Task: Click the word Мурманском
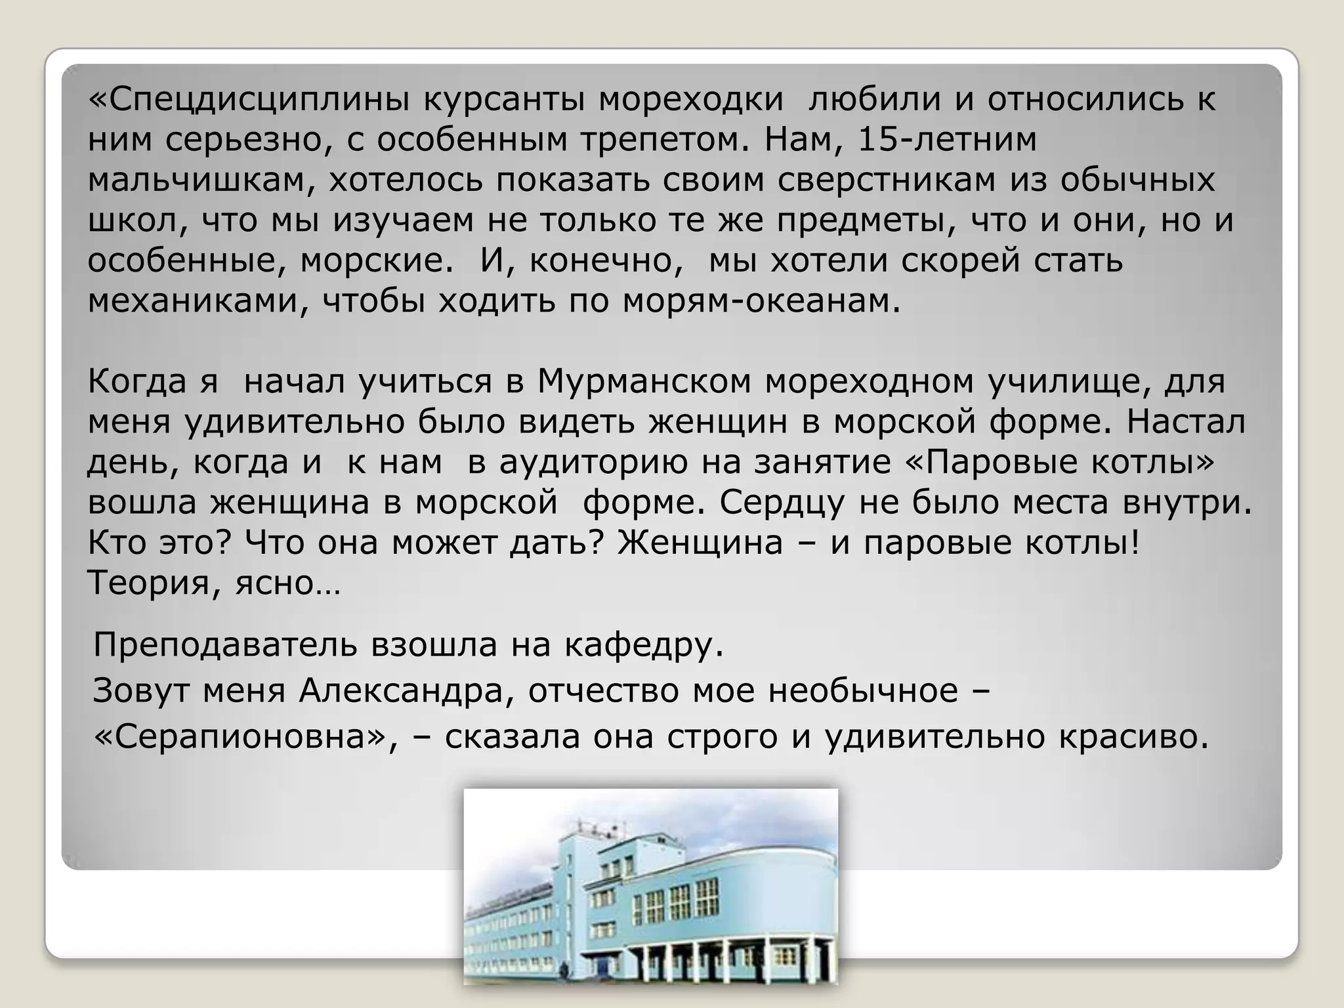pos(644,382)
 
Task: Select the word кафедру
pos(644,645)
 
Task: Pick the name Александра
pos(406,691)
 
